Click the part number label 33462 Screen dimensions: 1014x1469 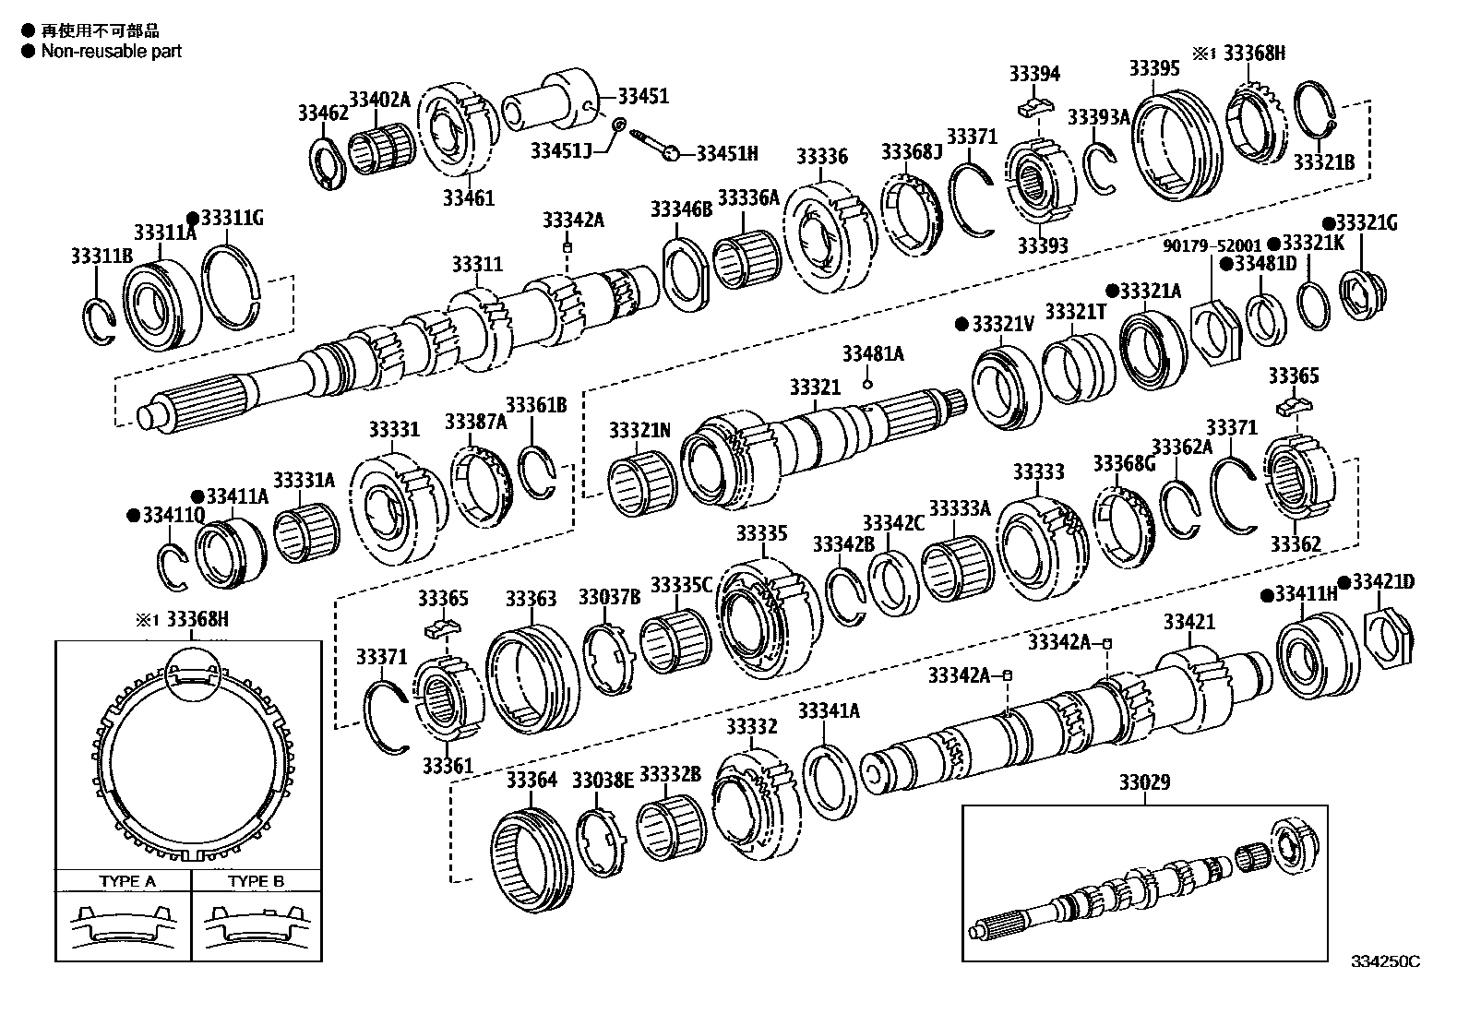click(322, 113)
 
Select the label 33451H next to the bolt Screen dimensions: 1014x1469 click(726, 153)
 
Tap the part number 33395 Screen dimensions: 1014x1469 click(1154, 68)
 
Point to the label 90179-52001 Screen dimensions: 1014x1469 click(1211, 246)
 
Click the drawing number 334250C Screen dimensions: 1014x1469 click(1385, 960)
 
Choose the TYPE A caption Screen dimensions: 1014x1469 click(127, 881)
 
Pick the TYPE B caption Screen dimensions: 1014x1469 click(256, 881)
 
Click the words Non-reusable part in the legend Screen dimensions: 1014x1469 click(111, 51)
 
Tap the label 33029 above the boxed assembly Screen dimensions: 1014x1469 click(1144, 782)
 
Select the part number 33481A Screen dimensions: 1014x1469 click(872, 353)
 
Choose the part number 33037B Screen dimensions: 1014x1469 click(609, 597)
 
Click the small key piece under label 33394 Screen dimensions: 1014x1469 click(1034, 108)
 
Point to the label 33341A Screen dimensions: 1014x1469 click(828, 710)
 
